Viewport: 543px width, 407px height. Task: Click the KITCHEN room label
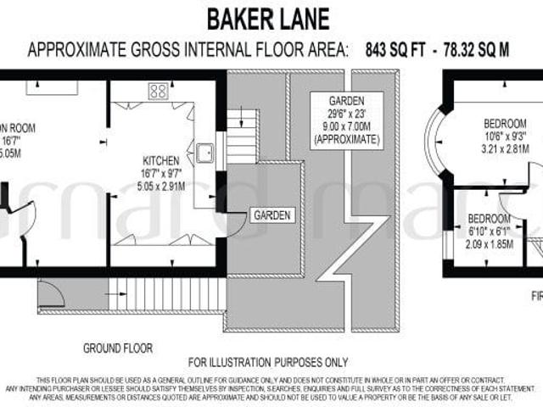160,160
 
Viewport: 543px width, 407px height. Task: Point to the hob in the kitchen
158,91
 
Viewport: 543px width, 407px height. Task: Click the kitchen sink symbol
204,153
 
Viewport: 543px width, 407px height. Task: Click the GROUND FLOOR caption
117,348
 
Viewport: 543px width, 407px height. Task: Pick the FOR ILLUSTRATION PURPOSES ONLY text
267,362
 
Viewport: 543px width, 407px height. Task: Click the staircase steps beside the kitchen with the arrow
242,136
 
